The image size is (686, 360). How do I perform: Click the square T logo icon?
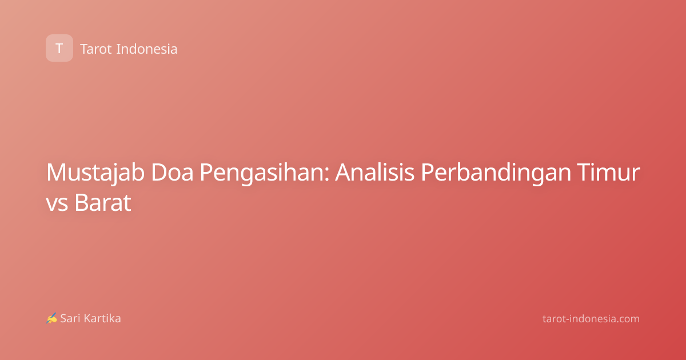pyautogui.click(x=59, y=48)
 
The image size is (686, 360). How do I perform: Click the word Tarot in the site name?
pyautogui.click(x=96, y=49)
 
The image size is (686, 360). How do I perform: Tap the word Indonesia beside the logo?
pyautogui.click(x=147, y=49)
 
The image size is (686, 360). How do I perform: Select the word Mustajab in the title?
pyautogui.click(x=95, y=173)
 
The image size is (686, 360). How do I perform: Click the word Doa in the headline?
pyautogui.click(x=172, y=173)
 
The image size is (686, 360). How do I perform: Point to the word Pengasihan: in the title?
pyautogui.click(x=264, y=174)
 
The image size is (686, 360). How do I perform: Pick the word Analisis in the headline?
pyautogui.click(x=374, y=172)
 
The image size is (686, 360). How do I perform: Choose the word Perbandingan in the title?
pyautogui.click(x=496, y=174)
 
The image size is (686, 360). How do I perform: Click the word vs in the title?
pyautogui.click(x=57, y=204)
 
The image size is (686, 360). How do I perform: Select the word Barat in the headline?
pyautogui.click(x=103, y=202)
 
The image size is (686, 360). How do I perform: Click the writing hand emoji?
pyautogui.click(x=51, y=318)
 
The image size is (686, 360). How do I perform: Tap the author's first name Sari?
pyautogui.click(x=70, y=318)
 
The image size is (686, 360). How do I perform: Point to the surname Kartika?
pyautogui.click(x=102, y=318)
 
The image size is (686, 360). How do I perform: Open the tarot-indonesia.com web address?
pyautogui.click(x=591, y=319)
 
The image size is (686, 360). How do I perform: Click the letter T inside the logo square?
pyautogui.click(x=59, y=49)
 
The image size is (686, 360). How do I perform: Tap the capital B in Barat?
pyautogui.click(x=82, y=202)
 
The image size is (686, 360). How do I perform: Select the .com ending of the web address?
pyautogui.click(x=627, y=319)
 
